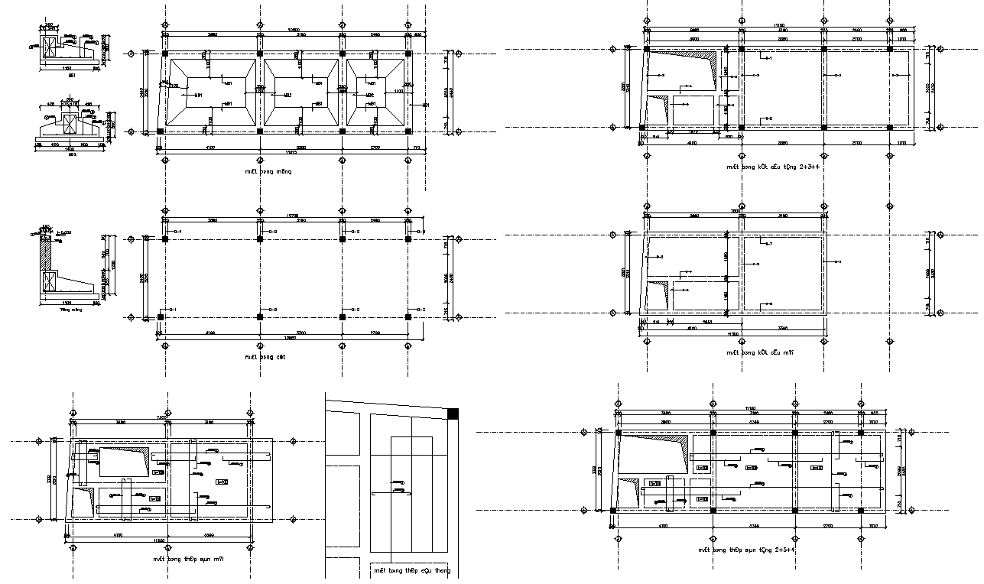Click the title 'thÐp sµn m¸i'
click(x=198, y=560)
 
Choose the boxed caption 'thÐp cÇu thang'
click(x=412, y=570)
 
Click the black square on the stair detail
click(x=453, y=414)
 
